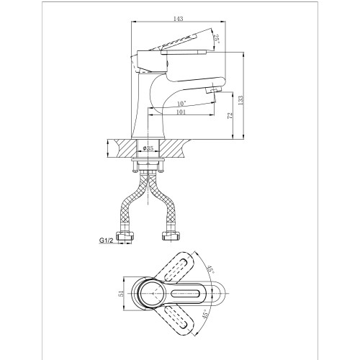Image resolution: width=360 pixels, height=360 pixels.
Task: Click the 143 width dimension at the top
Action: pyautogui.click(x=178, y=19)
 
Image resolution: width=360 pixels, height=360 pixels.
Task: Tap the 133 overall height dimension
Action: pyautogui.click(x=240, y=100)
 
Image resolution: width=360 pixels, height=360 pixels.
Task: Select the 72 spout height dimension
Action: pyautogui.click(x=230, y=115)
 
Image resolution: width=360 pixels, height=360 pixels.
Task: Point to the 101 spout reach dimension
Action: pyautogui.click(x=181, y=112)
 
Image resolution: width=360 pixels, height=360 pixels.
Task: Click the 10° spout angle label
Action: pyautogui.click(x=181, y=104)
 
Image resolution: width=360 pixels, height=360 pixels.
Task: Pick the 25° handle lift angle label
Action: pyautogui.click(x=217, y=39)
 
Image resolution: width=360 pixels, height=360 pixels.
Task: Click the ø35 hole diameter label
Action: pyautogui.click(x=148, y=148)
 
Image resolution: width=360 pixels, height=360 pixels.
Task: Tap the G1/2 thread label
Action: pyautogui.click(x=106, y=240)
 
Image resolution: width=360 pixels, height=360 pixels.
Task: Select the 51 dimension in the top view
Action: pyautogui.click(x=122, y=293)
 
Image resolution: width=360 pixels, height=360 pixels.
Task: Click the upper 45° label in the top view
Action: pyautogui.click(x=211, y=270)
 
